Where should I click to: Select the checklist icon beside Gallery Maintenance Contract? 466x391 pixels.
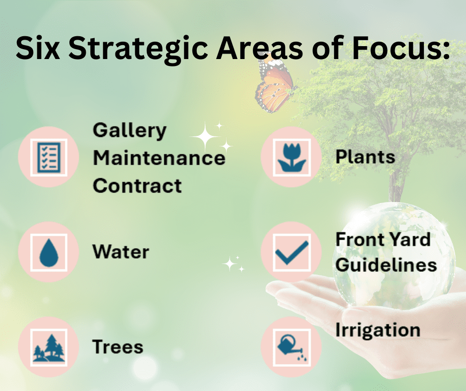[49, 157]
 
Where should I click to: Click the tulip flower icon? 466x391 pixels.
[291, 157]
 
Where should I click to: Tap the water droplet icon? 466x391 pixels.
[49, 253]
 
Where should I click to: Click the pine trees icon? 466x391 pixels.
[49, 348]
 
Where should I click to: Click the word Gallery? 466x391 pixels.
[129, 131]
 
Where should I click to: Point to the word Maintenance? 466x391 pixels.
[159, 158]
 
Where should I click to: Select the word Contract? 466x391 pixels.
[137, 186]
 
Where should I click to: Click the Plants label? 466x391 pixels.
[365, 156]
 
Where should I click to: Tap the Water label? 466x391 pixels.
[120, 252]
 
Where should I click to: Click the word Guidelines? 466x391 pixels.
[386, 264]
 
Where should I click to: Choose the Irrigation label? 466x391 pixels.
[378, 330]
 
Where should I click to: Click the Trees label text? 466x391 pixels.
[117, 347]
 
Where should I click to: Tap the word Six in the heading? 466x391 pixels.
[38, 47]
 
